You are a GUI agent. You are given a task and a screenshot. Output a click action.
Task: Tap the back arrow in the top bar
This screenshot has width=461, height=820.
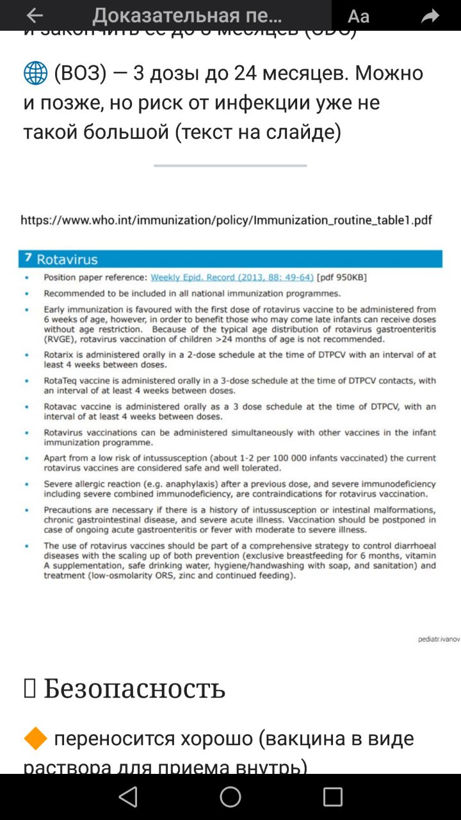(35, 16)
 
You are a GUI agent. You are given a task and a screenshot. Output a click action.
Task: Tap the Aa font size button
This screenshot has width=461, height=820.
(359, 17)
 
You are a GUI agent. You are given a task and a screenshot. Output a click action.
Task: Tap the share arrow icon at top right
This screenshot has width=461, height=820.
(430, 17)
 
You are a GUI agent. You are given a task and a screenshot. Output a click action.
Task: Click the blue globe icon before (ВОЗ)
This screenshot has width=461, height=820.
(35, 74)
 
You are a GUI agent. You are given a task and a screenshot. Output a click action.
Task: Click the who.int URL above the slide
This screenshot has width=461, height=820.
(226, 220)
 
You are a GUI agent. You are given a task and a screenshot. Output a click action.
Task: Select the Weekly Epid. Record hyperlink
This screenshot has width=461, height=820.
(232, 277)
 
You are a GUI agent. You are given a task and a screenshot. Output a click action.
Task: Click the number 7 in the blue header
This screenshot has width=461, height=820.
(28, 258)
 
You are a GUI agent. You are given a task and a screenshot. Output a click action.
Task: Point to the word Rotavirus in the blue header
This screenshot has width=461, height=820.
(67, 259)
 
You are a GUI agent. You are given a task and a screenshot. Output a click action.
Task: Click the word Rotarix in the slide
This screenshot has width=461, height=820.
(58, 354)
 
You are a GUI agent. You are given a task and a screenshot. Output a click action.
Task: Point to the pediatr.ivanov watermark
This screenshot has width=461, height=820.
(439, 639)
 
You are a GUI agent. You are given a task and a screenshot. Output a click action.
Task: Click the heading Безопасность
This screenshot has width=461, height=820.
(134, 689)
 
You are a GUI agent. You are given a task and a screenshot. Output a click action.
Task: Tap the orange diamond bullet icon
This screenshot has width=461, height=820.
(35, 739)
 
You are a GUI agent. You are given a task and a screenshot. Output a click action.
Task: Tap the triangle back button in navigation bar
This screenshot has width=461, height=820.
(128, 797)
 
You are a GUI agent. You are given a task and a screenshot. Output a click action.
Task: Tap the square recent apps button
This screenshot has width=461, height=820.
(332, 797)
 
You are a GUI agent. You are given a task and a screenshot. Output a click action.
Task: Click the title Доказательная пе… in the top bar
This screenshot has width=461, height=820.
(187, 16)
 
